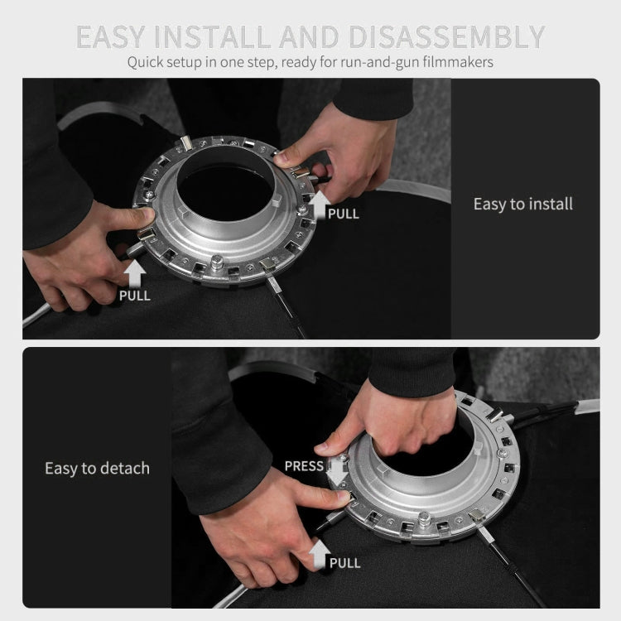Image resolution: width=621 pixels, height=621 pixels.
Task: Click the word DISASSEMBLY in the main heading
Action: pos(447,36)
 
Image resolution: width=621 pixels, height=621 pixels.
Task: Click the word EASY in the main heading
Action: pos(110,36)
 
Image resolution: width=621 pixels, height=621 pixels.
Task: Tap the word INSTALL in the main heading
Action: pos(212,36)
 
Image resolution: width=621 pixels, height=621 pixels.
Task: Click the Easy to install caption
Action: pos(522,204)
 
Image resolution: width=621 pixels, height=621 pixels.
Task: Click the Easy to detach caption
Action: pos(97,468)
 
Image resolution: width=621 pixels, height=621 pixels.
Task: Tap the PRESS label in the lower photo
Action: pos(304,466)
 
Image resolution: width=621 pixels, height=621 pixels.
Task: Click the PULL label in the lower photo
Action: pos(345,563)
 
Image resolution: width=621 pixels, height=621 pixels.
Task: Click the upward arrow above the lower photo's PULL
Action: pos(320,553)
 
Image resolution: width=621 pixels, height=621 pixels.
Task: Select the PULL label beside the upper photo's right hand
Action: pos(344,214)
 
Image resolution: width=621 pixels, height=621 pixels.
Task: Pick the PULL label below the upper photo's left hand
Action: pos(135,296)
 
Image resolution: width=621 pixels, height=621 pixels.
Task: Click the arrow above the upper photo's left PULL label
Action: pos(135,273)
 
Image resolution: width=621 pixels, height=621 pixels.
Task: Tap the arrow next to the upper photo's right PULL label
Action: pos(320,205)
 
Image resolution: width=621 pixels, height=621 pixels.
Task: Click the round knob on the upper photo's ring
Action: pos(217,262)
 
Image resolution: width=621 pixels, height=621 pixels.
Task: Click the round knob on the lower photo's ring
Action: pos(424,517)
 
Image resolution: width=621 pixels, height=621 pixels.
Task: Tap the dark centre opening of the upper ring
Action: pos(225,193)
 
